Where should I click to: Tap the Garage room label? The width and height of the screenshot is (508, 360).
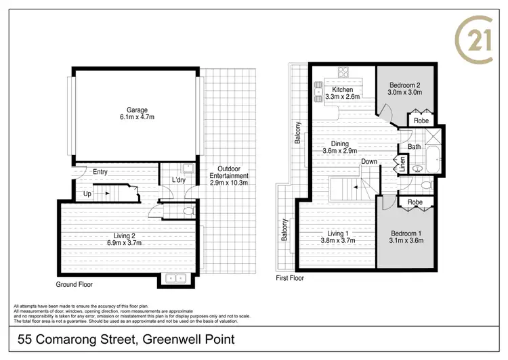click(137, 110)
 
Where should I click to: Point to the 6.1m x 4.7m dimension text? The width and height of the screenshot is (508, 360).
click(137, 118)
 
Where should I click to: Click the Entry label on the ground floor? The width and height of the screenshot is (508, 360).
click(100, 172)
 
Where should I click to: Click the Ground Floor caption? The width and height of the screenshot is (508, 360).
click(75, 285)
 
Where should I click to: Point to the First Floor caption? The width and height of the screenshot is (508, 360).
click(290, 278)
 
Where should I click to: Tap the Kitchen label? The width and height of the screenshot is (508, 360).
click(342, 89)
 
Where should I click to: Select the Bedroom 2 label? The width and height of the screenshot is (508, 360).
click(404, 85)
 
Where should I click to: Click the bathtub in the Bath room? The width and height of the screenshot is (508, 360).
click(432, 162)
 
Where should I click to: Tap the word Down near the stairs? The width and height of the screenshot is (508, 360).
click(369, 162)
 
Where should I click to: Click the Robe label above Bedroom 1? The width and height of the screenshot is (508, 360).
click(415, 202)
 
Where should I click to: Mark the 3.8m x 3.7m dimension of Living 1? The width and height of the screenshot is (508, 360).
click(337, 241)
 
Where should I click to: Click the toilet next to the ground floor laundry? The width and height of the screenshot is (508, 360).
click(188, 211)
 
